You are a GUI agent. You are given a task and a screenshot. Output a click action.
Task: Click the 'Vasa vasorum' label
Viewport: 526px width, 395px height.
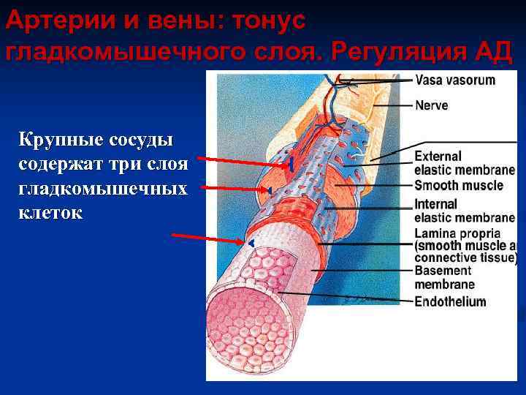click(x=454, y=80)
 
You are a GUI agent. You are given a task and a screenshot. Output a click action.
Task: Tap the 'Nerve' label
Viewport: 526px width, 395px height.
click(x=431, y=105)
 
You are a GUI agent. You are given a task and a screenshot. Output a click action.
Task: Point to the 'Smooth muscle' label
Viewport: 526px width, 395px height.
click(x=458, y=185)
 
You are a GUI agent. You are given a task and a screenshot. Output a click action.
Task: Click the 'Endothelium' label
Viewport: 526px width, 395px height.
click(x=450, y=301)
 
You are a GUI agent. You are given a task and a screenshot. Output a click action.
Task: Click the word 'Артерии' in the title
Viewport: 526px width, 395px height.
click(x=49, y=22)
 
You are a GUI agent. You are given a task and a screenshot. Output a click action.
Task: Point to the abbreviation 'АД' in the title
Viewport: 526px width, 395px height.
click(x=494, y=52)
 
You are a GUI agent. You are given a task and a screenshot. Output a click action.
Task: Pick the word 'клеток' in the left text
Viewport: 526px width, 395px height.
click(x=52, y=214)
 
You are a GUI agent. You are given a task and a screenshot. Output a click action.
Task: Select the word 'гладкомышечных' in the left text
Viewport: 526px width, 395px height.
click(x=102, y=189)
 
